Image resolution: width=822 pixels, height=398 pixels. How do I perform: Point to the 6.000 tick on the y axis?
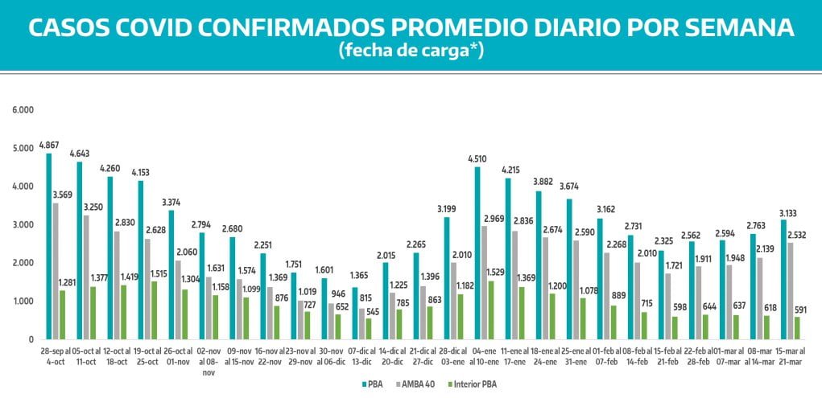click(x=25, y=109)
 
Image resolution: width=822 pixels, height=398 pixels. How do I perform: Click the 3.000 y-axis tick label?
click(x=25, y=224)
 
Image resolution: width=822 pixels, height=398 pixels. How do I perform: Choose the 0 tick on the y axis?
click(x=31, y=340)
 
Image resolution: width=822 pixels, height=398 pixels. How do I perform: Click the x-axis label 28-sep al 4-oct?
click(x=56, y=357)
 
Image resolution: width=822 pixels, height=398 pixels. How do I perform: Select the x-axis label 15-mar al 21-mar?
click(x=792, y=357)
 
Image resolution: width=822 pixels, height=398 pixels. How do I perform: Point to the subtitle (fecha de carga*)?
click(x=411, y=50)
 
